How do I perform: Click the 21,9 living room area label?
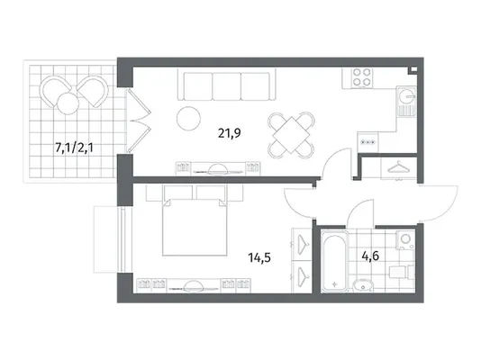point(229,133)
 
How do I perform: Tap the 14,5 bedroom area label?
point(259,257)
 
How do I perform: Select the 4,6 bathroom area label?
point(370,256)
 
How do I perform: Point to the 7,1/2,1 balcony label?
point(74,148)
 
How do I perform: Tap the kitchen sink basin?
point(406,95)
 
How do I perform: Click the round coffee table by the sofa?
point(188,118)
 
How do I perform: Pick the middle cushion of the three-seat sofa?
point(227,86)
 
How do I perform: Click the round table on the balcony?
point(68,103)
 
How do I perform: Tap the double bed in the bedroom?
point(195,227)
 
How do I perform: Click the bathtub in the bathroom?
point(334,261)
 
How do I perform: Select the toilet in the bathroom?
point(402,273)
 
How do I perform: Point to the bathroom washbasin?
point(363,286)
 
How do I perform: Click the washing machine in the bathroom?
point(405,239)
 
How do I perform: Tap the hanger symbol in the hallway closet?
point(398,167)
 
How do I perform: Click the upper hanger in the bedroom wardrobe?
point(303,244)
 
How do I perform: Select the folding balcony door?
point(139,121)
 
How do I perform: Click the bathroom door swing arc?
point(359,211)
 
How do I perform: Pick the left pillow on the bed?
point(178,193)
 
